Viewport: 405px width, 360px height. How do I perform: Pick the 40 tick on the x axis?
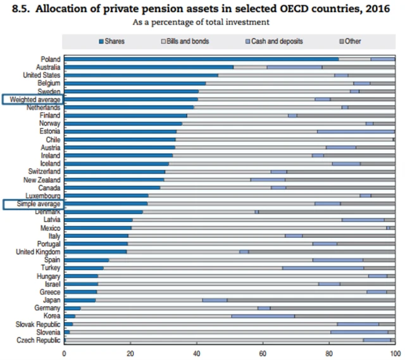[x=197, y=352]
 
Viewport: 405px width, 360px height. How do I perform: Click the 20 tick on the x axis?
[x=130, y=352]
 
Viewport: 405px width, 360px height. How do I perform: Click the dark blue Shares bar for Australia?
[x=149, y=66]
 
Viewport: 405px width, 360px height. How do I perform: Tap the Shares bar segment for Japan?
[x=80, y=300]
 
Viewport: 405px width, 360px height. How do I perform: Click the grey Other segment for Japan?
[x=310, y=300]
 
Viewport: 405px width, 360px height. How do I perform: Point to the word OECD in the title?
[x=290, y=9]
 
